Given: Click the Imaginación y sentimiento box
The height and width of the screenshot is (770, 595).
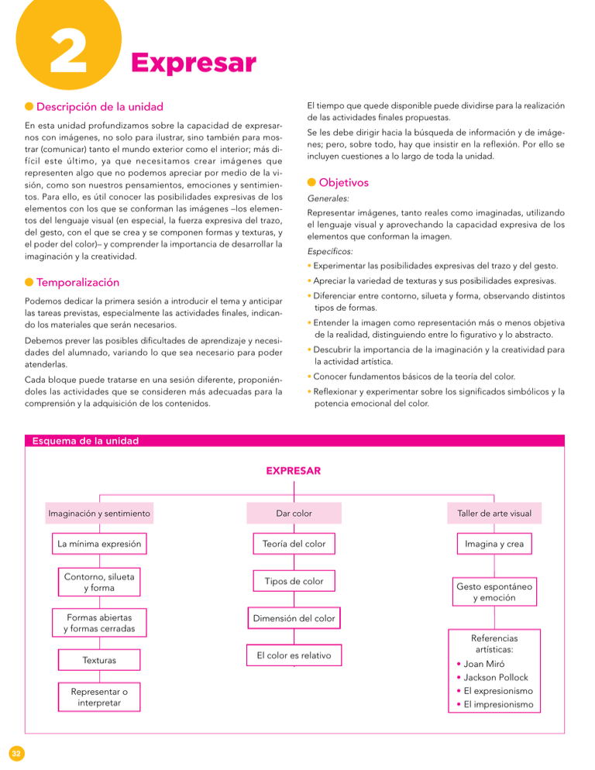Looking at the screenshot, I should click(x=99, y=513).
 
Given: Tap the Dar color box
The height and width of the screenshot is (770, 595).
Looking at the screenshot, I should click(x=294, y=513).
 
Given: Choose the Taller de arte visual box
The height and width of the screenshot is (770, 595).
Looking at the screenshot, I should click(x=494, y=513).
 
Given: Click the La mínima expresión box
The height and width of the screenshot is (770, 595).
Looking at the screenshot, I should click(x=99, y=544).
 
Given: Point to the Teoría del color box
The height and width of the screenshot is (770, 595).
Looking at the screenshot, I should click(x=294, y=544).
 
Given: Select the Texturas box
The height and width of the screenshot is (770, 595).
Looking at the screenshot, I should click(x=99, y=660).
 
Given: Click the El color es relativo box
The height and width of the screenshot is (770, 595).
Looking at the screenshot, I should click(x=294, y=655).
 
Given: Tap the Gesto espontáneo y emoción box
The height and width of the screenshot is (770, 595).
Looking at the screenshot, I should click(x=494, y=593).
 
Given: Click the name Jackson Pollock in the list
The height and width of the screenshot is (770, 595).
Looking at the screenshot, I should click(x=495, y=677).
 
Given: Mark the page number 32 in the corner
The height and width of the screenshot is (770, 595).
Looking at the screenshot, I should click(x=15, y=753).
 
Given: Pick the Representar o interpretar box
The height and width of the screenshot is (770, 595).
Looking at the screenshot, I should click(x=99, y=696).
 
